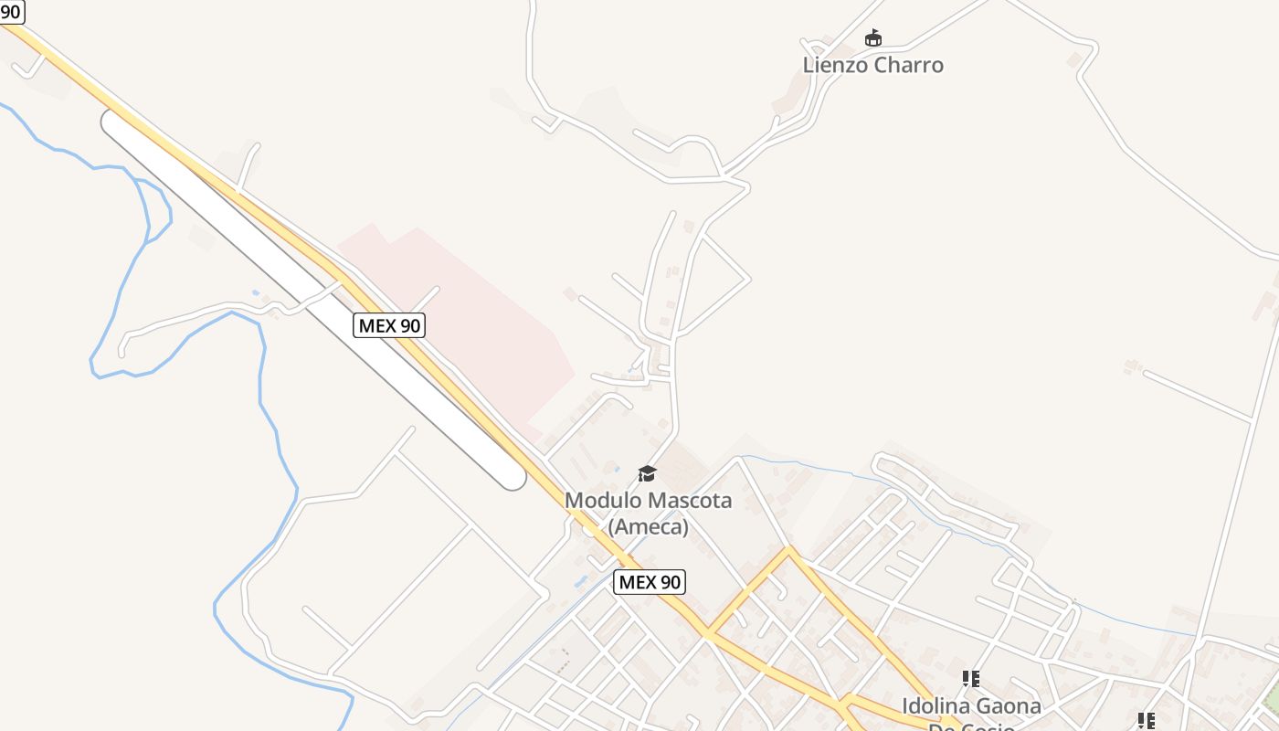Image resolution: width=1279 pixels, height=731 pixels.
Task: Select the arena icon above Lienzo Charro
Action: pos(873,37)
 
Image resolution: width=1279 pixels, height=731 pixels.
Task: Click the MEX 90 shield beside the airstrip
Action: pos(389,324)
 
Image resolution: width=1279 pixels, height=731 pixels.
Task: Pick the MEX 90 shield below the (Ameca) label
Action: pos(649,581)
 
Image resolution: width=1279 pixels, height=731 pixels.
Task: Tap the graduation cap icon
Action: pos(647,473)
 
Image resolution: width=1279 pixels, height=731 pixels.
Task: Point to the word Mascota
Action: pos(690,500)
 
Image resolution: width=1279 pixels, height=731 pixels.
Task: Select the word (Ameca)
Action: pos(648,526)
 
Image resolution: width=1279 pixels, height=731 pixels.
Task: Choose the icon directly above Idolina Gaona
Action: pos(970,678)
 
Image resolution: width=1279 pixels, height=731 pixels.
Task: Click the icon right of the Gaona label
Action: pos(1146,720)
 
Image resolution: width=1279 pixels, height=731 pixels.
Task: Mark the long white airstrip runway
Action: pos(311,297)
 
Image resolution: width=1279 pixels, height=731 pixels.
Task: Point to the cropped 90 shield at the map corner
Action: pos(10,11)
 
